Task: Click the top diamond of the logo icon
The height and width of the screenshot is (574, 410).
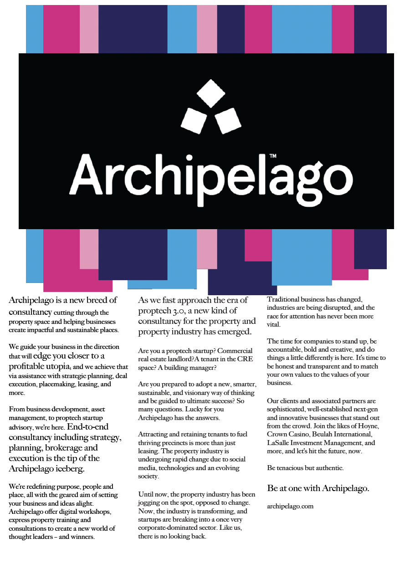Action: coord(211,93)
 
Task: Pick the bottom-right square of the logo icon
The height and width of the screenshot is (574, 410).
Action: coord(227,120)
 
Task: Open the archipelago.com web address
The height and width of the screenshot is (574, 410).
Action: coord(290,506)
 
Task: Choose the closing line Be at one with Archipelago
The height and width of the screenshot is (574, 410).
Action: coord(318,488)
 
